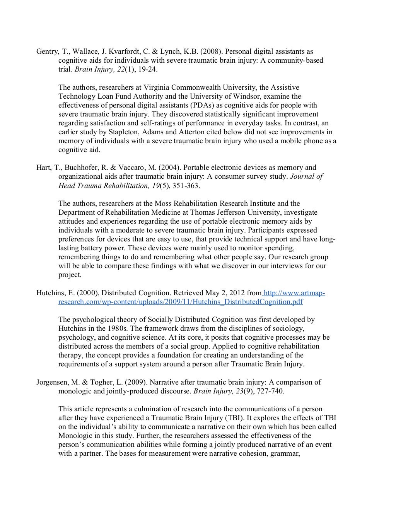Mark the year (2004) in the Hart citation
click(169, 168)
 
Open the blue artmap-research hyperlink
click(181, 302)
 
